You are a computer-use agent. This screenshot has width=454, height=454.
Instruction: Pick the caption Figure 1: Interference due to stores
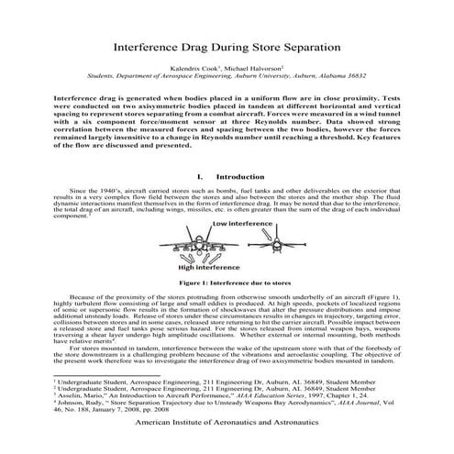(227, 311)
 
